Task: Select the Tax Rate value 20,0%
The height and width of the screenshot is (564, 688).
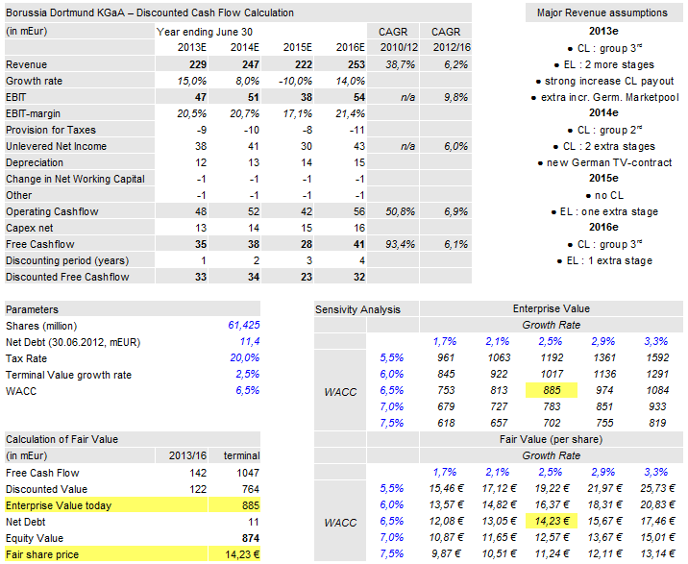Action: pos(243,358)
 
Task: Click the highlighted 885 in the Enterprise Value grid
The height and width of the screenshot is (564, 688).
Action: pos(551,390)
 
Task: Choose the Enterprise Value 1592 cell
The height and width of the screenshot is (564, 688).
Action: pos(653,357)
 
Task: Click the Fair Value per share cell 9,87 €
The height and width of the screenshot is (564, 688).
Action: pos(444,553)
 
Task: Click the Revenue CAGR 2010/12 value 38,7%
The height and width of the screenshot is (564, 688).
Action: pos(398,64)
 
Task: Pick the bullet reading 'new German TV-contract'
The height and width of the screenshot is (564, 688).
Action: pos(604,162)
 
